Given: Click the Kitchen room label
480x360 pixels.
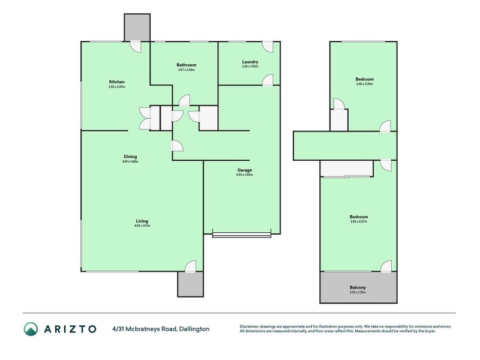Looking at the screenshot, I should (x=116, y=82).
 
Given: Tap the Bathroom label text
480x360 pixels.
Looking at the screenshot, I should (x=186, y=65).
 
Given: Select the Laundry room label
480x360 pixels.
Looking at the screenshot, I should (x=250, y=62).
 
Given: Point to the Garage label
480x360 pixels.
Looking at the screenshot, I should (x=245, y=170).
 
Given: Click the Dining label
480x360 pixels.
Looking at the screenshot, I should (x=130, y=157).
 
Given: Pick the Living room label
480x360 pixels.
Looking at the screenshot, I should (x=142, y=221).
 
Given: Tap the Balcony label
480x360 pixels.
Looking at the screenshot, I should (x=358, y=287).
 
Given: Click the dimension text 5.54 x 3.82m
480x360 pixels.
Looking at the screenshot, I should (x=245, y=175).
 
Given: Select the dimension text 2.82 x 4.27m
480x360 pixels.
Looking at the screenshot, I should (x=359, y=221).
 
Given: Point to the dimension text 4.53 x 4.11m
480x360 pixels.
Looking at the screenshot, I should (x=142, y=226).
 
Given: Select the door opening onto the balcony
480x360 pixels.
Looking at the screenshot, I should (x=386, y=266).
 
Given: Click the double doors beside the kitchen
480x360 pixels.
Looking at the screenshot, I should (x=144, y=118).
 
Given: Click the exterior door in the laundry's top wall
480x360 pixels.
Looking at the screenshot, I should (x=267, y=46).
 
